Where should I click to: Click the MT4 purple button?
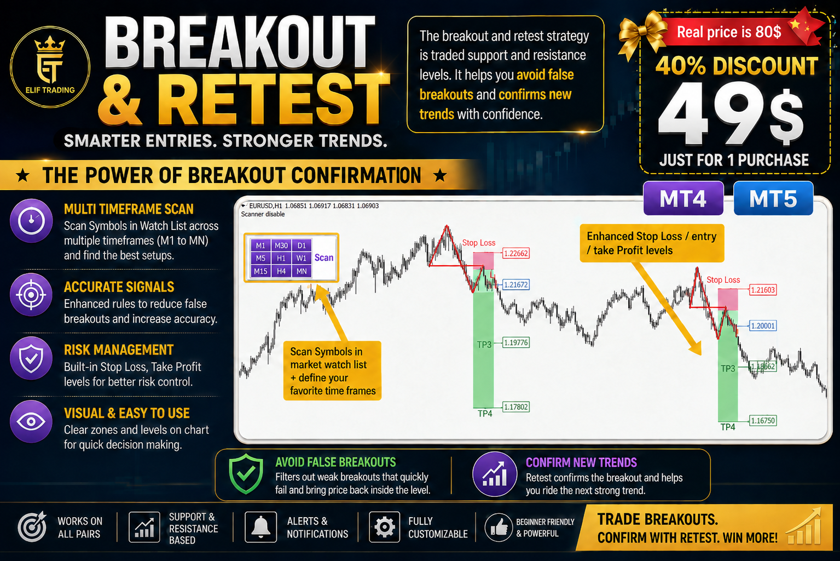683,198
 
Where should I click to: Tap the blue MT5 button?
773,198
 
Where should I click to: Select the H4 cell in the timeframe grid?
281,271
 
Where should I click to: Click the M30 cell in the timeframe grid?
281,245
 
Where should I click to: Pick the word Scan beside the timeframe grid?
324,257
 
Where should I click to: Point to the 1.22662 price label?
515,254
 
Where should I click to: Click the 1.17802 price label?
515,407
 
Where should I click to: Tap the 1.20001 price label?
762,325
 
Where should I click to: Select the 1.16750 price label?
762,421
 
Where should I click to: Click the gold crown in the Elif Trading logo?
50,44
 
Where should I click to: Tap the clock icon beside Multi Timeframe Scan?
31,221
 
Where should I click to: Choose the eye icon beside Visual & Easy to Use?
31,421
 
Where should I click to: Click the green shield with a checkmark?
246,474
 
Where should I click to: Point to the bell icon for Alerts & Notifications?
260,527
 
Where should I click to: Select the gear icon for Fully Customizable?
384,527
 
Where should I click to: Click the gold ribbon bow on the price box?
642,35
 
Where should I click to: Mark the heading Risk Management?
119,350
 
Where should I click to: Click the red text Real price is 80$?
729,32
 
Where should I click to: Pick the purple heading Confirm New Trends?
581,462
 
